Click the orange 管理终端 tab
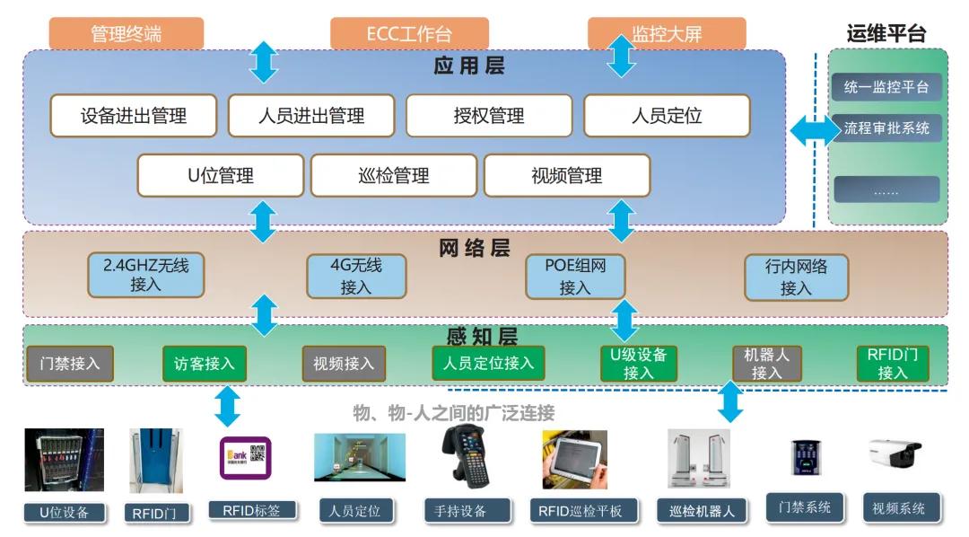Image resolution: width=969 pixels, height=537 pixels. pos(127,33)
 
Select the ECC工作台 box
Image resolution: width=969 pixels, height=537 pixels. pos(409,33)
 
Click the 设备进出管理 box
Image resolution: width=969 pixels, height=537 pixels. pos(133,116)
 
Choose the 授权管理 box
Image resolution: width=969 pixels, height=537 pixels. pos(488,116)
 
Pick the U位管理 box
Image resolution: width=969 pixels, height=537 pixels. pos(220,175)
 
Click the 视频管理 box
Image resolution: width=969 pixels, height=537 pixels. pos(566,175)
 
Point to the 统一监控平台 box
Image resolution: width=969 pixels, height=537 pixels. pos(886,87)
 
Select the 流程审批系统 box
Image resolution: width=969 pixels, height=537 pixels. pos(886,128)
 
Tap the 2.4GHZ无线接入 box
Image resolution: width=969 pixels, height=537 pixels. pos(146,275)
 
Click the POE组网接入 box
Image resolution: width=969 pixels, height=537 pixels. pos(574,276)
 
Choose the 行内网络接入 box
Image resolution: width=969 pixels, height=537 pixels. pos(796,277)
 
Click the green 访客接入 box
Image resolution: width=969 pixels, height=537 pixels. pos(204,364)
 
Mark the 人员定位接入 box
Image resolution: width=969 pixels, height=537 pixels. pos(488,363)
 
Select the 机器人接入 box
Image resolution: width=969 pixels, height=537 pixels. pos(766,364)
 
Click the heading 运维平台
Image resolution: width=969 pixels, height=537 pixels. pos(886,33)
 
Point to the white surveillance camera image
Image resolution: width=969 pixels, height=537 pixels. pos(894,453)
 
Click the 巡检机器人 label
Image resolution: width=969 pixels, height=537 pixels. pos(702,511)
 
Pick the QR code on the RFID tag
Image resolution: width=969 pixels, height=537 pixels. pos(258,454)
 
